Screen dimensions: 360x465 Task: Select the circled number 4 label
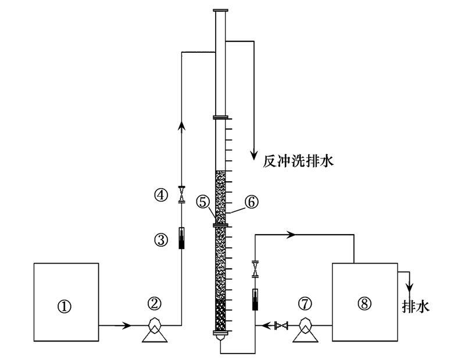tap(162, 195)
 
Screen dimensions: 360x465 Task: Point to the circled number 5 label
tap(202, 201)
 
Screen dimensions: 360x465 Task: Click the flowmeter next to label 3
tap(181, 238)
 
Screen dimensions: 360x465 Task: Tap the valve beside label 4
tap(181, 195)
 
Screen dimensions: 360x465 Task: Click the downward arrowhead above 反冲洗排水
tap(253, 155)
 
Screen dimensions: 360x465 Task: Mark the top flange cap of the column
tap(221, 10)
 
